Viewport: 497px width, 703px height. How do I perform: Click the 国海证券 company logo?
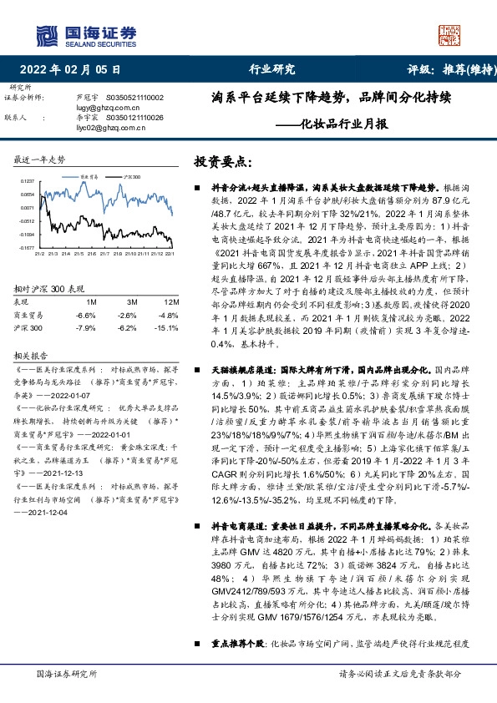(x=84, y=34)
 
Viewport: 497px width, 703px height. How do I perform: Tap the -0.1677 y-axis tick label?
(x=28, y=248)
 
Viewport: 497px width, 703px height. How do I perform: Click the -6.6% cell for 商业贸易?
(x=85, y=315)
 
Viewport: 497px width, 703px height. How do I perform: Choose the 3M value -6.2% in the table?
(x=128, y=328)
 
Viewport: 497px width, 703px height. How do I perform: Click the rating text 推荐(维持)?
(x=461, y=69)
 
